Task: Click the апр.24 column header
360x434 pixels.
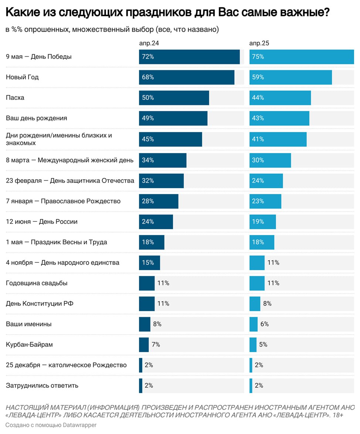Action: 149,43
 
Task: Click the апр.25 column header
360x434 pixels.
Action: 259,43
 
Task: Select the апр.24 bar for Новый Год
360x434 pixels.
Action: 187,77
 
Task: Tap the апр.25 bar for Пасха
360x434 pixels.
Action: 280,98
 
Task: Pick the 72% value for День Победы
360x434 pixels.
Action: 148,57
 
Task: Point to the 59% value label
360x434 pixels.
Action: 258,77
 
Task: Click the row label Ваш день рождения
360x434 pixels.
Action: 37,118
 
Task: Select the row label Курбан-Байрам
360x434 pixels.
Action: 30,345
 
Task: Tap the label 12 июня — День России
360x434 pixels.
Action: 42,222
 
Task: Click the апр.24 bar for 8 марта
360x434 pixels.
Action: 163,160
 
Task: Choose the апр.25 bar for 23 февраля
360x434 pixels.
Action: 266,180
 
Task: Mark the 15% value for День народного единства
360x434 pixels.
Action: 148,263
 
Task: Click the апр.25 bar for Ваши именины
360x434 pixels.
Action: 254,324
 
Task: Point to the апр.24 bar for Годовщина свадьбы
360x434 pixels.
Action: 147,283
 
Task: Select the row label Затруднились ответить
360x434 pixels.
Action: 42,386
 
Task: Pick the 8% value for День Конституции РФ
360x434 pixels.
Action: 267,304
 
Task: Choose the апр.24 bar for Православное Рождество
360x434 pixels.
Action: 159,201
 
